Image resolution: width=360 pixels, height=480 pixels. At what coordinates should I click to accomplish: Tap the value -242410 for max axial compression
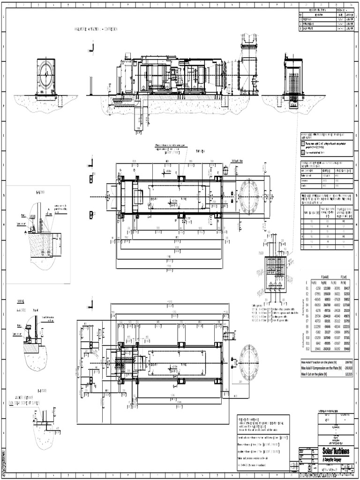pos(348,367)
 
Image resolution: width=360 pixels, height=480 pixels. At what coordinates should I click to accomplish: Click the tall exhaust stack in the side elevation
pos(247,66)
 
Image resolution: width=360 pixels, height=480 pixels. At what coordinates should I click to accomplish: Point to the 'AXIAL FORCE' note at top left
pos(96,29)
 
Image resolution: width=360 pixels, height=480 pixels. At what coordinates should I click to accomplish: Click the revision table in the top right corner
pos(326,20)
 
